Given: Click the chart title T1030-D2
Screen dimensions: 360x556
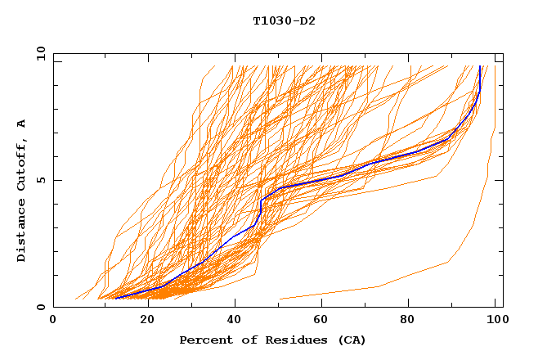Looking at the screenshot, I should [284, 20].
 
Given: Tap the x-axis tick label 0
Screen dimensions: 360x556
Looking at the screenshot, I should [53, 320].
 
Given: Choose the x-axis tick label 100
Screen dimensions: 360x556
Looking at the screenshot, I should [494, 320].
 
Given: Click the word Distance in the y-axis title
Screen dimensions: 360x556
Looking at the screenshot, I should [22, 229].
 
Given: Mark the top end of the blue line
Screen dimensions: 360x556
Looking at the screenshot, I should [480, 66].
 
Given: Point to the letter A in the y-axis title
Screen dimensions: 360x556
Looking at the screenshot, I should [22, 124].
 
